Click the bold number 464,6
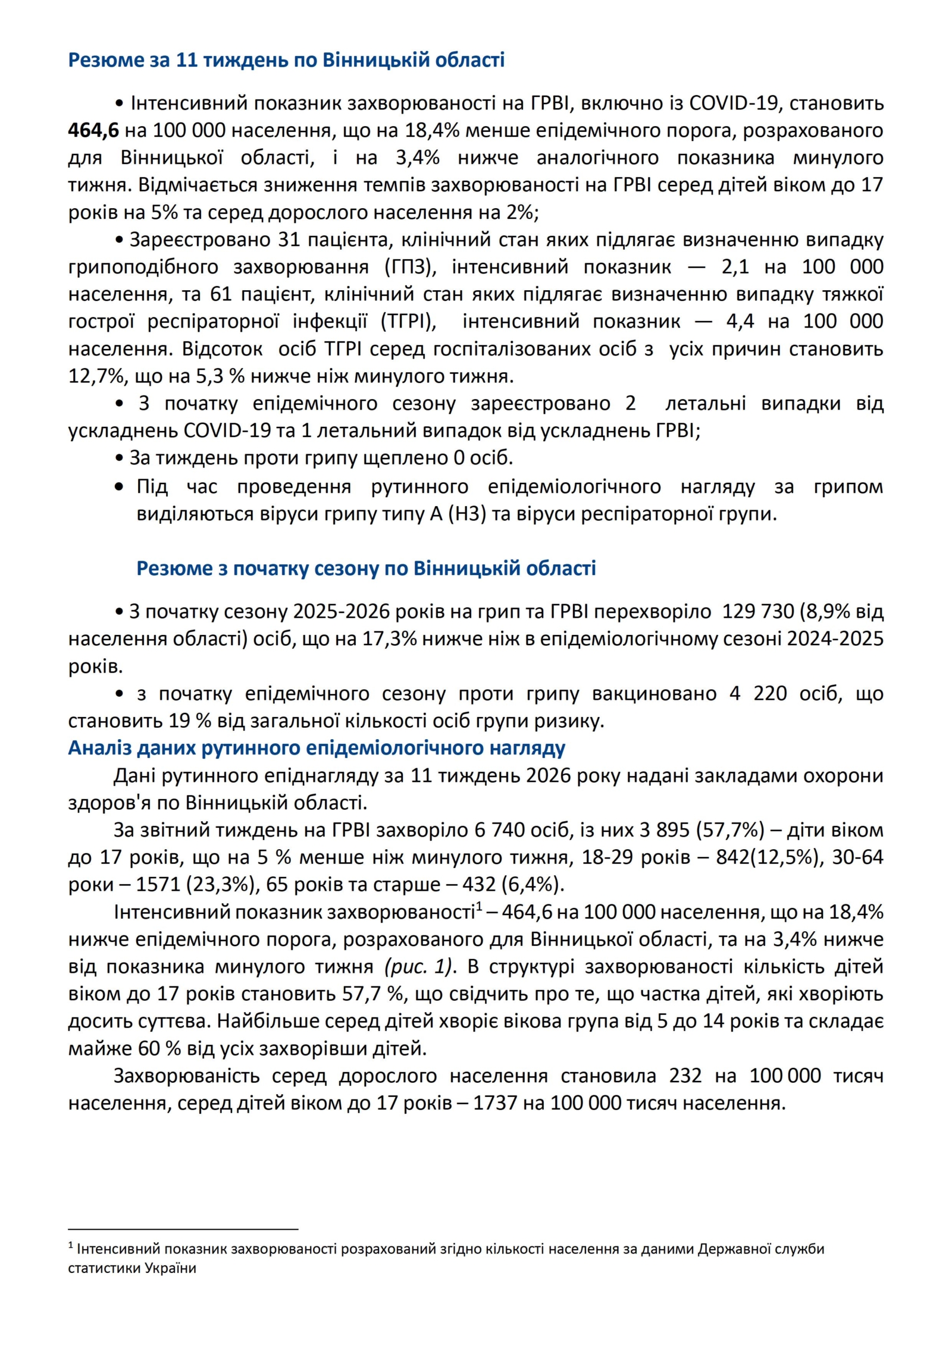pos(93,130)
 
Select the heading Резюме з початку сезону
pos(366,568)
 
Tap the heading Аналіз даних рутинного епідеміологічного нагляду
pos(317,747)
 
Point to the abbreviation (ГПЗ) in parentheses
pos(411,267)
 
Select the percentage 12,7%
pos(91,376)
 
